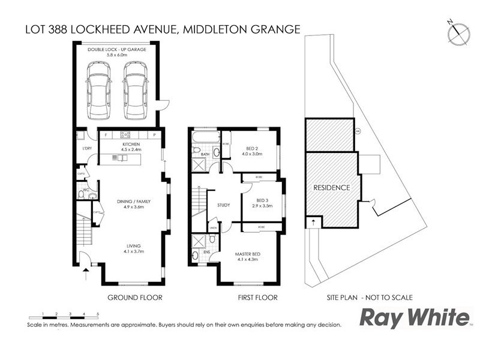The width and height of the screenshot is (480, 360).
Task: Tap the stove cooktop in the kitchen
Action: (x=126, y=135)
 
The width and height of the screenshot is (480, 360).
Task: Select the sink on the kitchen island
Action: (x=120, y=158)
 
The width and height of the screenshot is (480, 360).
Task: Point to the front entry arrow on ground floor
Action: (x=86, y=273)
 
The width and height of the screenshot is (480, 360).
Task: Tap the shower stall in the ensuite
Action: (x=197, y=242)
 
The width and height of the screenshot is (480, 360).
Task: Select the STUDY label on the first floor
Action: (x=224, y=205)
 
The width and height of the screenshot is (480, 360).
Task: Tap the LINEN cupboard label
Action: (x=212, y=227)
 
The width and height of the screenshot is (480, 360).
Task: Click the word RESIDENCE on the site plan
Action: (x=332, y=187)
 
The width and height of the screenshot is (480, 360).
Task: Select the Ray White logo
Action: (x=414, y=317)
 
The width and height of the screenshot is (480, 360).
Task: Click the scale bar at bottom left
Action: (x=63, y=315)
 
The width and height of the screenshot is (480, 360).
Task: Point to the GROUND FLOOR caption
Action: (x=134, y=297)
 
